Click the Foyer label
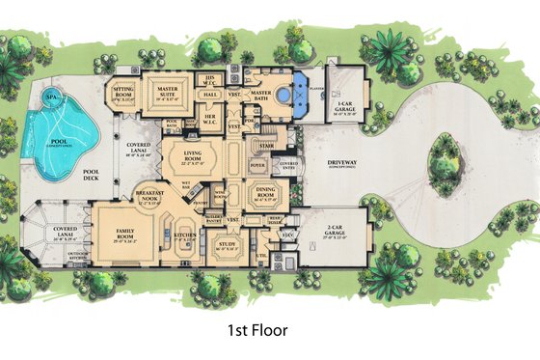click(x=257, y=165)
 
